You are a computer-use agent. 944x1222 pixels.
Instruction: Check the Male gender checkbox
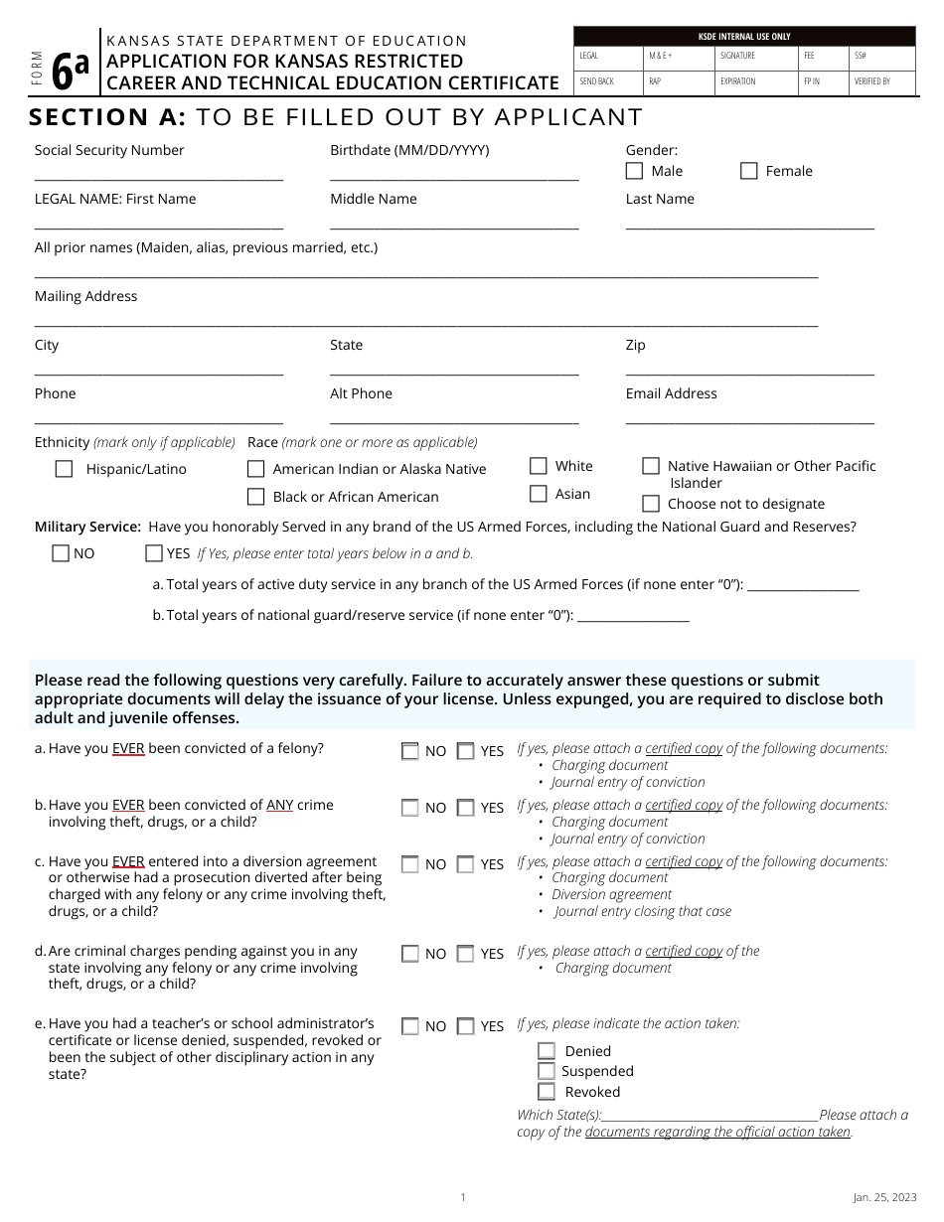[x=634, y=171]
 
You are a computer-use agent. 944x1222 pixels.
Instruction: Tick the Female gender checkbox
[x=749, y=171]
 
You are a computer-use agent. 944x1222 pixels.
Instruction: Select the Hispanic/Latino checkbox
[x=65, y=469]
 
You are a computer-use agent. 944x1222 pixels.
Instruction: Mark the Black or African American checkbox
[x=256, y=497]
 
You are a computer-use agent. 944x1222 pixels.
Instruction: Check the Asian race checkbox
[x=539, y=494]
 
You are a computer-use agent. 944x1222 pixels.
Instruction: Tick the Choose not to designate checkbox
[x=651, y=504]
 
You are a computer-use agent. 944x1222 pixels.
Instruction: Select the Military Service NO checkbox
[x=61, y=553]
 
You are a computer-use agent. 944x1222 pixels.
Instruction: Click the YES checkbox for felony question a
[x=465, y=751]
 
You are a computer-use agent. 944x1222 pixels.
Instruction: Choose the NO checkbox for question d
[x=409, y=954]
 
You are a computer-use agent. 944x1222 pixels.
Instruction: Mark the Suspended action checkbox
[x=546, y=1071]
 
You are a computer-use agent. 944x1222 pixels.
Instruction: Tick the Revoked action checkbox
[x=546, y=1092]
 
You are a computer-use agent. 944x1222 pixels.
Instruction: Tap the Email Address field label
[x=671, y=393]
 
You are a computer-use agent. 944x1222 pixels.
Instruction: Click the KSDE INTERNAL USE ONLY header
[x=744, y=37]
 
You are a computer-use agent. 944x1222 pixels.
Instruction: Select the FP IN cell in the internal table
[x=825, y=81]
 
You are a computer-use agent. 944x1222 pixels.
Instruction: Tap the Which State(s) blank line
[x=710, y=1119]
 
